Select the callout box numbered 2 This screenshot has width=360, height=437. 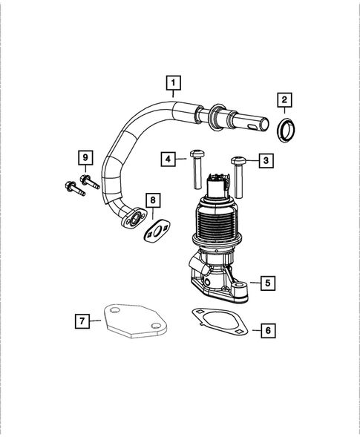285,99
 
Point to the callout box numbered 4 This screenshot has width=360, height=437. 170,159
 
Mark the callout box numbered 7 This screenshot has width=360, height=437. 83,321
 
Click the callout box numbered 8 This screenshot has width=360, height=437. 152,200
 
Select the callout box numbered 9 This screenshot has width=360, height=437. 85,158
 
